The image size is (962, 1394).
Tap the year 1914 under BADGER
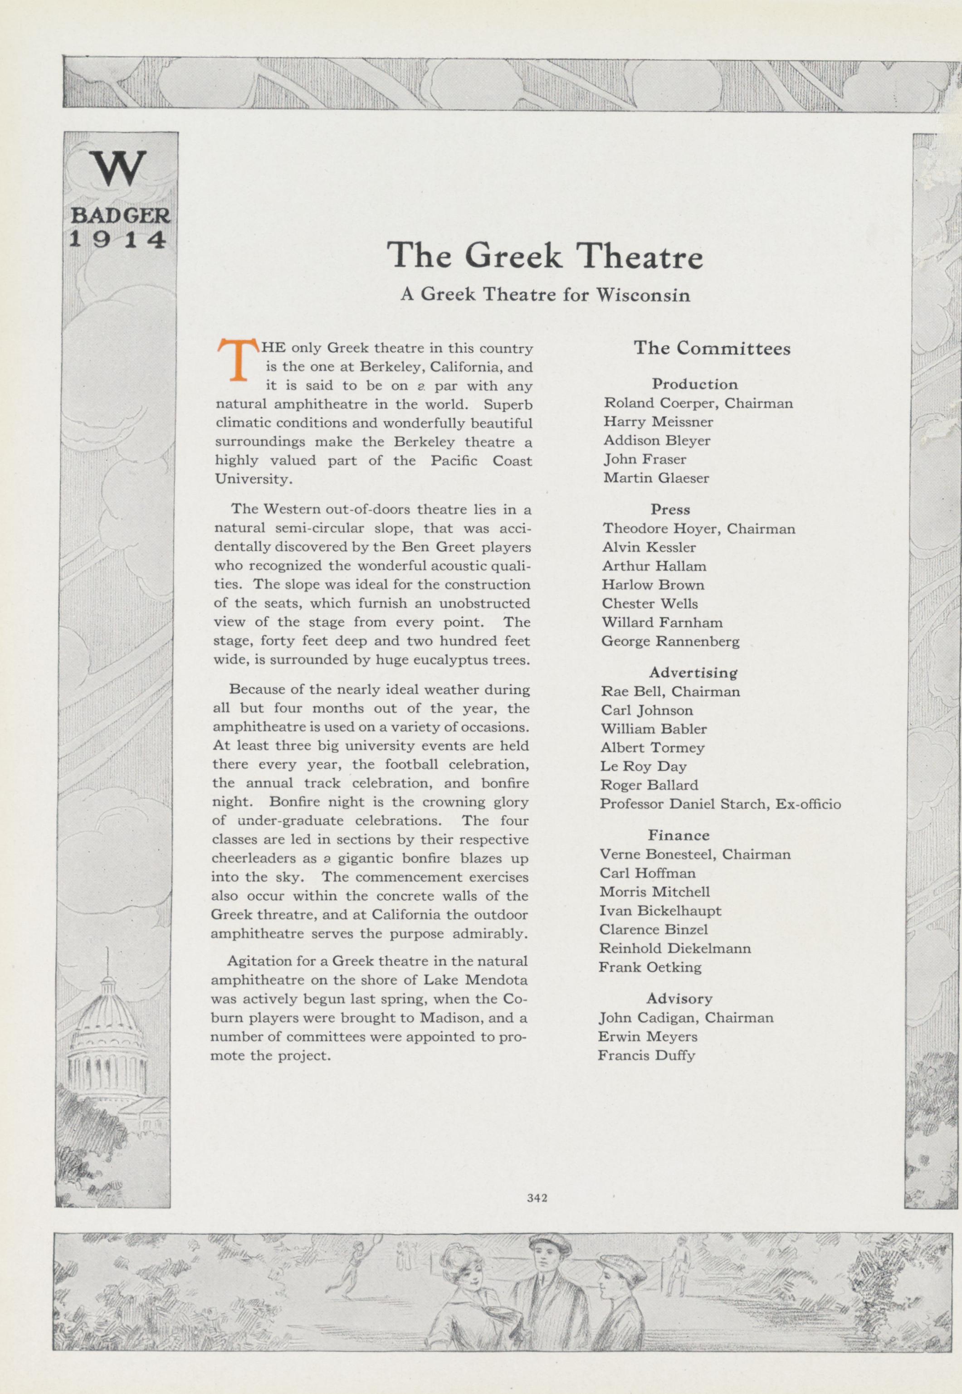click(117, 239)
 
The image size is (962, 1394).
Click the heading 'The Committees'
click(711, 348)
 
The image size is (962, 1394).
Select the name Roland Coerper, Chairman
click(698, 403)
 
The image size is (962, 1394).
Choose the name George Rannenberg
click(670, 641)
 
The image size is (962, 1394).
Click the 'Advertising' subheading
click(693, 672)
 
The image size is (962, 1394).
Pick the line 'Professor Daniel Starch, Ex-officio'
click(720, 804)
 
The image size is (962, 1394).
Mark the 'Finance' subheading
click(679, 835)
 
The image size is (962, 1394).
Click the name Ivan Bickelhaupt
click(660, 910)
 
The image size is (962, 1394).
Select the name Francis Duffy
click(646, 1055)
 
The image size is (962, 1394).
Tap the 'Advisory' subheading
click(679, 998)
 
